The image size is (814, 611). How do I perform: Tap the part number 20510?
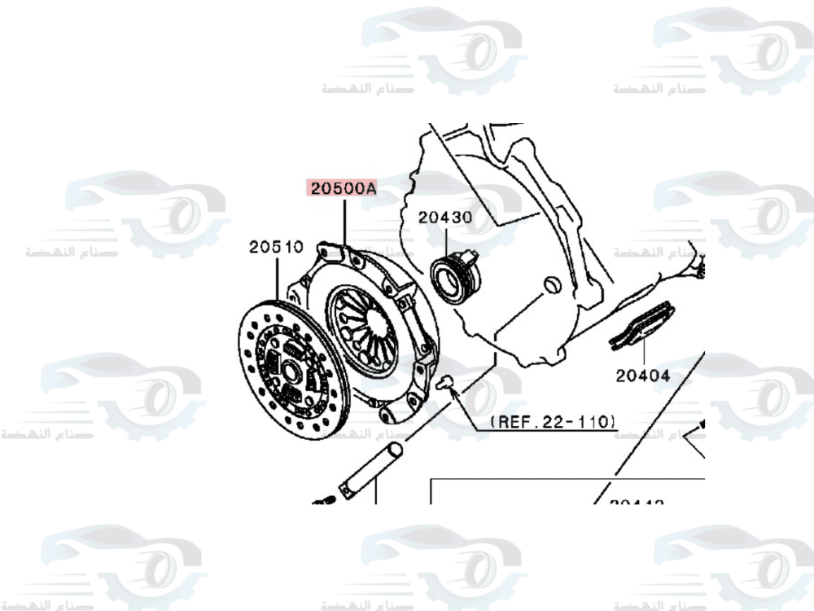276,246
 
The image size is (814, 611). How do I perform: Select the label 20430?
445,218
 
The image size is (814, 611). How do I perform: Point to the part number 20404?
642,376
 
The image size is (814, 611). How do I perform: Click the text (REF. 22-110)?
553,422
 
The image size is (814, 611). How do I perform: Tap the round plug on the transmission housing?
551,284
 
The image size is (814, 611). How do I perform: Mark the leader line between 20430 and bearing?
446,240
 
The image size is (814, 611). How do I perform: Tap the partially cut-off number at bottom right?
636,502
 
